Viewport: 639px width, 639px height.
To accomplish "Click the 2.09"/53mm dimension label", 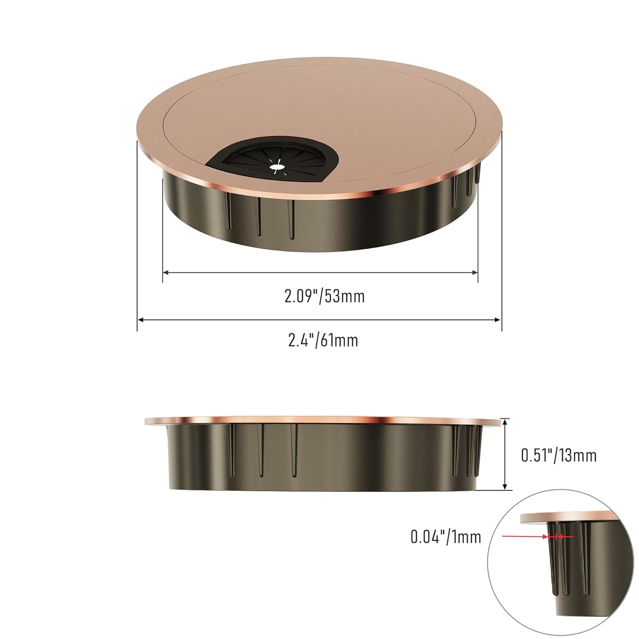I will pyautogui.click(x=325, y=296).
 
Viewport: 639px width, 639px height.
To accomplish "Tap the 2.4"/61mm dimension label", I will pyautogui.click(x=323, y=340).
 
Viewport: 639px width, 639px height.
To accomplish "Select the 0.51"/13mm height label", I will pyautogui.click(x=559, y=455).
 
